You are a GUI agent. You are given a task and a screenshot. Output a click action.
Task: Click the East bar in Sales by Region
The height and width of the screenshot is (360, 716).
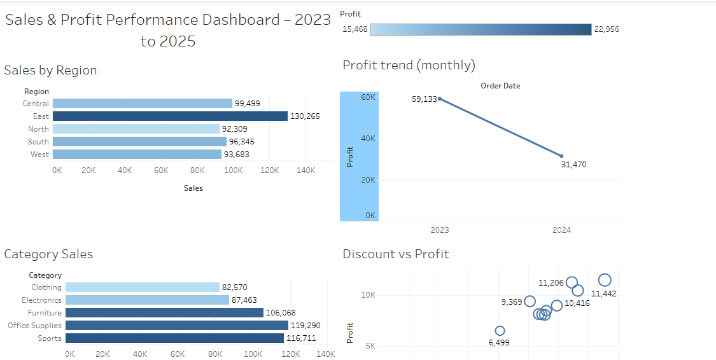point(170,116)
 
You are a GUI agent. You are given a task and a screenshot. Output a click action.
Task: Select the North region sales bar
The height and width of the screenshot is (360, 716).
point(136,129)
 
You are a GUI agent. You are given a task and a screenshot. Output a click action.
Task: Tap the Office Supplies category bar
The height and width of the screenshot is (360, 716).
point(177,326)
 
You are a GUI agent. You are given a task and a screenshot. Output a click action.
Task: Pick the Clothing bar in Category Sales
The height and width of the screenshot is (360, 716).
point(142,287)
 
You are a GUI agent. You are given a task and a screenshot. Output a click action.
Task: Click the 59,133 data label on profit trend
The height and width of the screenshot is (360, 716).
point(425,99)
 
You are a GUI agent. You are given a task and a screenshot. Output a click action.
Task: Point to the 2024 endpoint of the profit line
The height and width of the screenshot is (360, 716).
point(561,156)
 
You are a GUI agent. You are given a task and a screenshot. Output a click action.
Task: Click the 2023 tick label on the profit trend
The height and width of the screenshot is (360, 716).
point(439,230)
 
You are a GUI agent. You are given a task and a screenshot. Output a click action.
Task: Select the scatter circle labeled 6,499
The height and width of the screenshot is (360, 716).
point(500,331)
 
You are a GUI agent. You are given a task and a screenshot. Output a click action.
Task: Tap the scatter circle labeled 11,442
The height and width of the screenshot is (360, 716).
point(605,280)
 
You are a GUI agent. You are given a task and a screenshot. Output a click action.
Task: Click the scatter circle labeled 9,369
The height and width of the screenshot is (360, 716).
point(530,301)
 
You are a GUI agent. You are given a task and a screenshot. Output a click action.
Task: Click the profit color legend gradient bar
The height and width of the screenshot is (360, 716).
point(481,29)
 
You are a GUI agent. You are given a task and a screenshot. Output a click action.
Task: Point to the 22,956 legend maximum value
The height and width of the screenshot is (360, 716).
point(607,29)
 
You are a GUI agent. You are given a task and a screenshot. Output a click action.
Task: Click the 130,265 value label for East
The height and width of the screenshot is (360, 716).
point(305,116)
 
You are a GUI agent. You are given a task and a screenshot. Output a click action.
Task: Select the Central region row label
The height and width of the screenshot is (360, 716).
point(36,104)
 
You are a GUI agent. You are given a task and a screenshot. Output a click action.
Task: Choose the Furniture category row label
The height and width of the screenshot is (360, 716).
point(45,313)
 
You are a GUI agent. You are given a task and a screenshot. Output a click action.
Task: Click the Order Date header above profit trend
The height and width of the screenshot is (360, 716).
point(500,86)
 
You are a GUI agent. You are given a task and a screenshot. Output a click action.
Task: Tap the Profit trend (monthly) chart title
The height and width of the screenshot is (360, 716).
point(409,65)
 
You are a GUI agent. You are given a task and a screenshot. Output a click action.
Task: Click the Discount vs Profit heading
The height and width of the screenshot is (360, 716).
point(396,254)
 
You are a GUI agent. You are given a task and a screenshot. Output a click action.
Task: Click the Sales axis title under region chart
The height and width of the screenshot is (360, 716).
point(193,188)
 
